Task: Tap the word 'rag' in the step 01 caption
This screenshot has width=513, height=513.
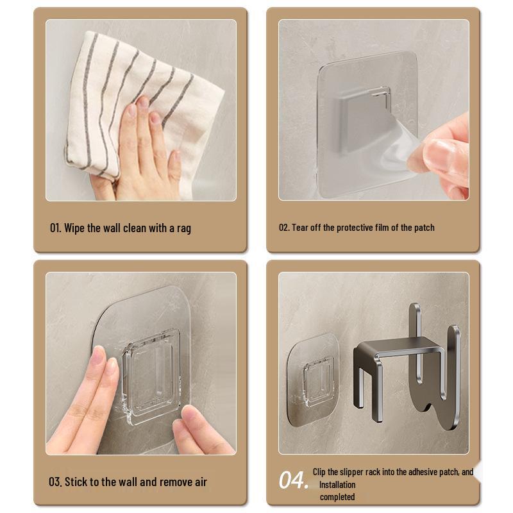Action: (183, 228)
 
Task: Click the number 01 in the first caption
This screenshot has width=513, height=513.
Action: (55, 228)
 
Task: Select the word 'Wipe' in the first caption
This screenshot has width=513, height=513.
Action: (74, 228)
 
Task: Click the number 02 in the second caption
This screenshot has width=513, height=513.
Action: (283, 228)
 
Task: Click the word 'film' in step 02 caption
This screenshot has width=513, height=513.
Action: (386, 228)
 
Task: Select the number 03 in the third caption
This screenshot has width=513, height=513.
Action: (55, 482)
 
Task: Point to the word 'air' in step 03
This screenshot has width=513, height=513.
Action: (199, 482)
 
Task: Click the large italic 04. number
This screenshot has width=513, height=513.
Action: (293, 480)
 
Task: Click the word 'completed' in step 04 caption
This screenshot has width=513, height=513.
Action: (337, 497)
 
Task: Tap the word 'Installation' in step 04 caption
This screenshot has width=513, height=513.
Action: (337, 485)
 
